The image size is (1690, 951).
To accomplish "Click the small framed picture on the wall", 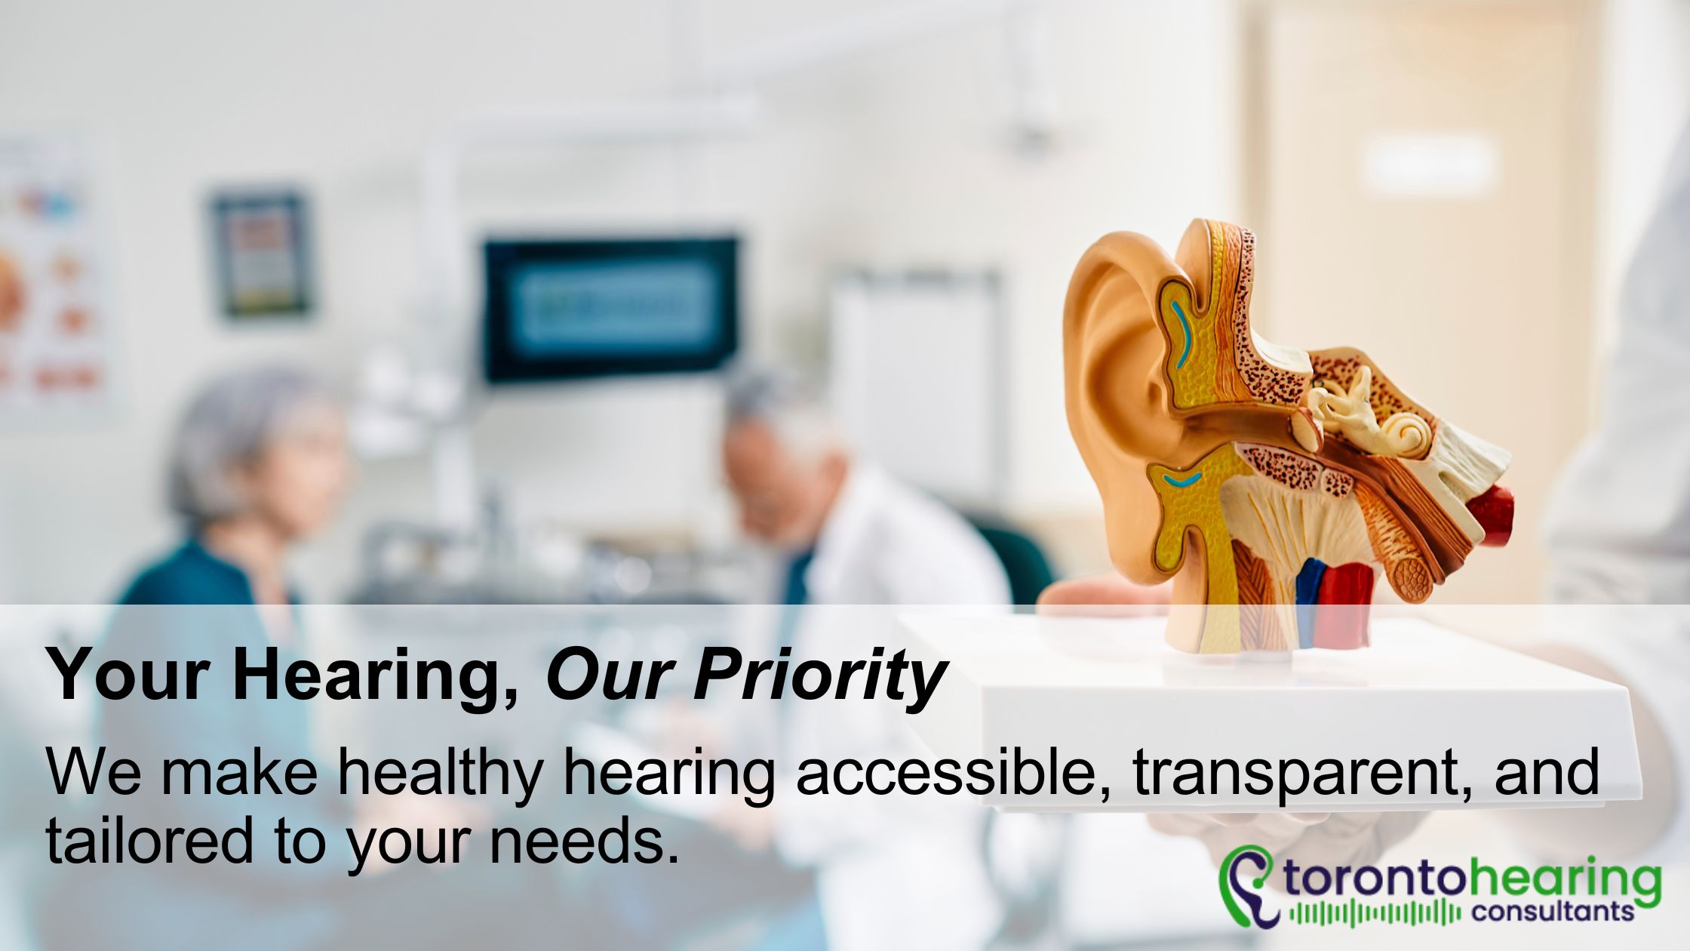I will point(260,253).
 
